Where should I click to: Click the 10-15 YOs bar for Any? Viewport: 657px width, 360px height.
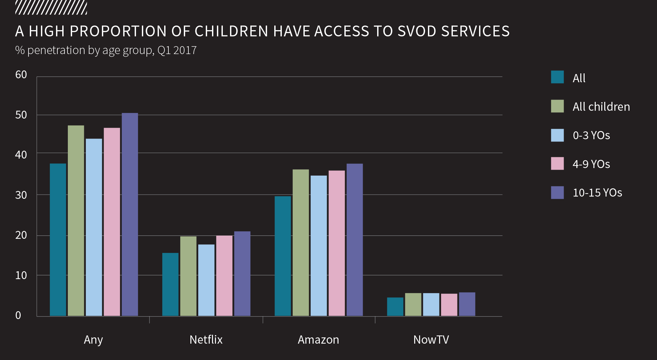(x=130, y=215)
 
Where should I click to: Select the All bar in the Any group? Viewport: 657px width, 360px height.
(x=58, y=240)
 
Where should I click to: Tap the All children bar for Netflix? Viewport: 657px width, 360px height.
(x=188, y=276)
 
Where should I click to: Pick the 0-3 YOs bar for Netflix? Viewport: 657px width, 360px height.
(x=206, y=280)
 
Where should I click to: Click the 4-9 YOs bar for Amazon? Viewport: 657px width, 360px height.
(x=337, y=243)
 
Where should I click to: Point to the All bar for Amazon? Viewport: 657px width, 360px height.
(x=283, y=256)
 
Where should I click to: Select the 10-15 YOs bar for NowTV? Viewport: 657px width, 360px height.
(x=467, y=304)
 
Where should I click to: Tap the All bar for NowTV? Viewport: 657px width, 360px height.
(x=395, y=307)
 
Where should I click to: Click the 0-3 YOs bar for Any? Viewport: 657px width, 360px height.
(x=94, y=227)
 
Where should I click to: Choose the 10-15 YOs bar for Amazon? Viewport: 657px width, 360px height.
(x=355, y=240)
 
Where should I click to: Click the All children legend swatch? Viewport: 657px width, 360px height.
(x=557, y=106)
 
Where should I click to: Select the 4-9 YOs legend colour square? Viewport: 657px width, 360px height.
(x=557, y=163)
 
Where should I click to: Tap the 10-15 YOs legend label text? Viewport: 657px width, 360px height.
(x=597, y=193)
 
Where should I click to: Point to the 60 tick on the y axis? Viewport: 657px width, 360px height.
(x=21, y=75)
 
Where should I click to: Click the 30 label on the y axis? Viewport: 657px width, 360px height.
(x=21, y=195)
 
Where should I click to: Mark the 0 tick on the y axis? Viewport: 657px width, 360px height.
(x=18, y=315)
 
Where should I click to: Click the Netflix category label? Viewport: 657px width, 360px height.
(x=206, y=340)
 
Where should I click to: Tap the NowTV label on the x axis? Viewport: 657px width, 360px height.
(x=431, y=340)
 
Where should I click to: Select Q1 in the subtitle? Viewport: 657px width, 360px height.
(x=164, y=50)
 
